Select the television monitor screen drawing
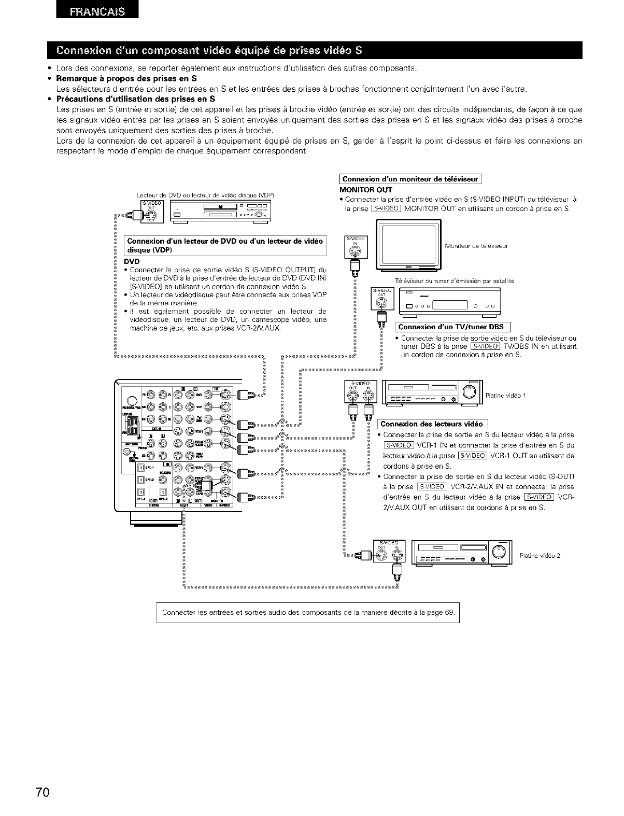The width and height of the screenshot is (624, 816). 408,245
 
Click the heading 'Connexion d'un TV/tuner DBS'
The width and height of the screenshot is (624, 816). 453,327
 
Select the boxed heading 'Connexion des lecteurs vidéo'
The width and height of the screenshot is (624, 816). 431,424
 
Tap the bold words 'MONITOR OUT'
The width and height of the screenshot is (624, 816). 361,190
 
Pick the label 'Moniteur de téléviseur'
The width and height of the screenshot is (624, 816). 476,246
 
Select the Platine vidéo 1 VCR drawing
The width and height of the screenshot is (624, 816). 431,392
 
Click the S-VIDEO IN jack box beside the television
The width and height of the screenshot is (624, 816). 356,247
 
